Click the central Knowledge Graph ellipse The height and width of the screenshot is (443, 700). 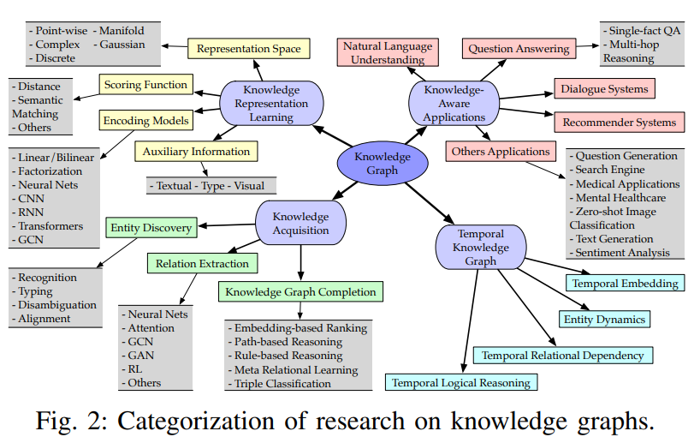coord(383,164)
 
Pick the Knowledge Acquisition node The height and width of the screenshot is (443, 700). coord(300,224)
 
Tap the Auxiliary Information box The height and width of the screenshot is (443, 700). coord(196,152)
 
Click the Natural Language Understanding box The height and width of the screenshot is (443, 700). coord(386,53)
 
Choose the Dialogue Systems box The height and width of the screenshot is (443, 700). coord(605,88)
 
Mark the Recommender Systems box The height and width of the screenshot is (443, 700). coord(619,123)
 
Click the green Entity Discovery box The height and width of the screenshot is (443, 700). coord(151,228)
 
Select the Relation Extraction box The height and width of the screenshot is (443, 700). coord(202,263)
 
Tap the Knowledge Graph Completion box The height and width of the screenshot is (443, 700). coord(300,292)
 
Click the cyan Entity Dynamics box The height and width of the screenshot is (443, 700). coord(604,320)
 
